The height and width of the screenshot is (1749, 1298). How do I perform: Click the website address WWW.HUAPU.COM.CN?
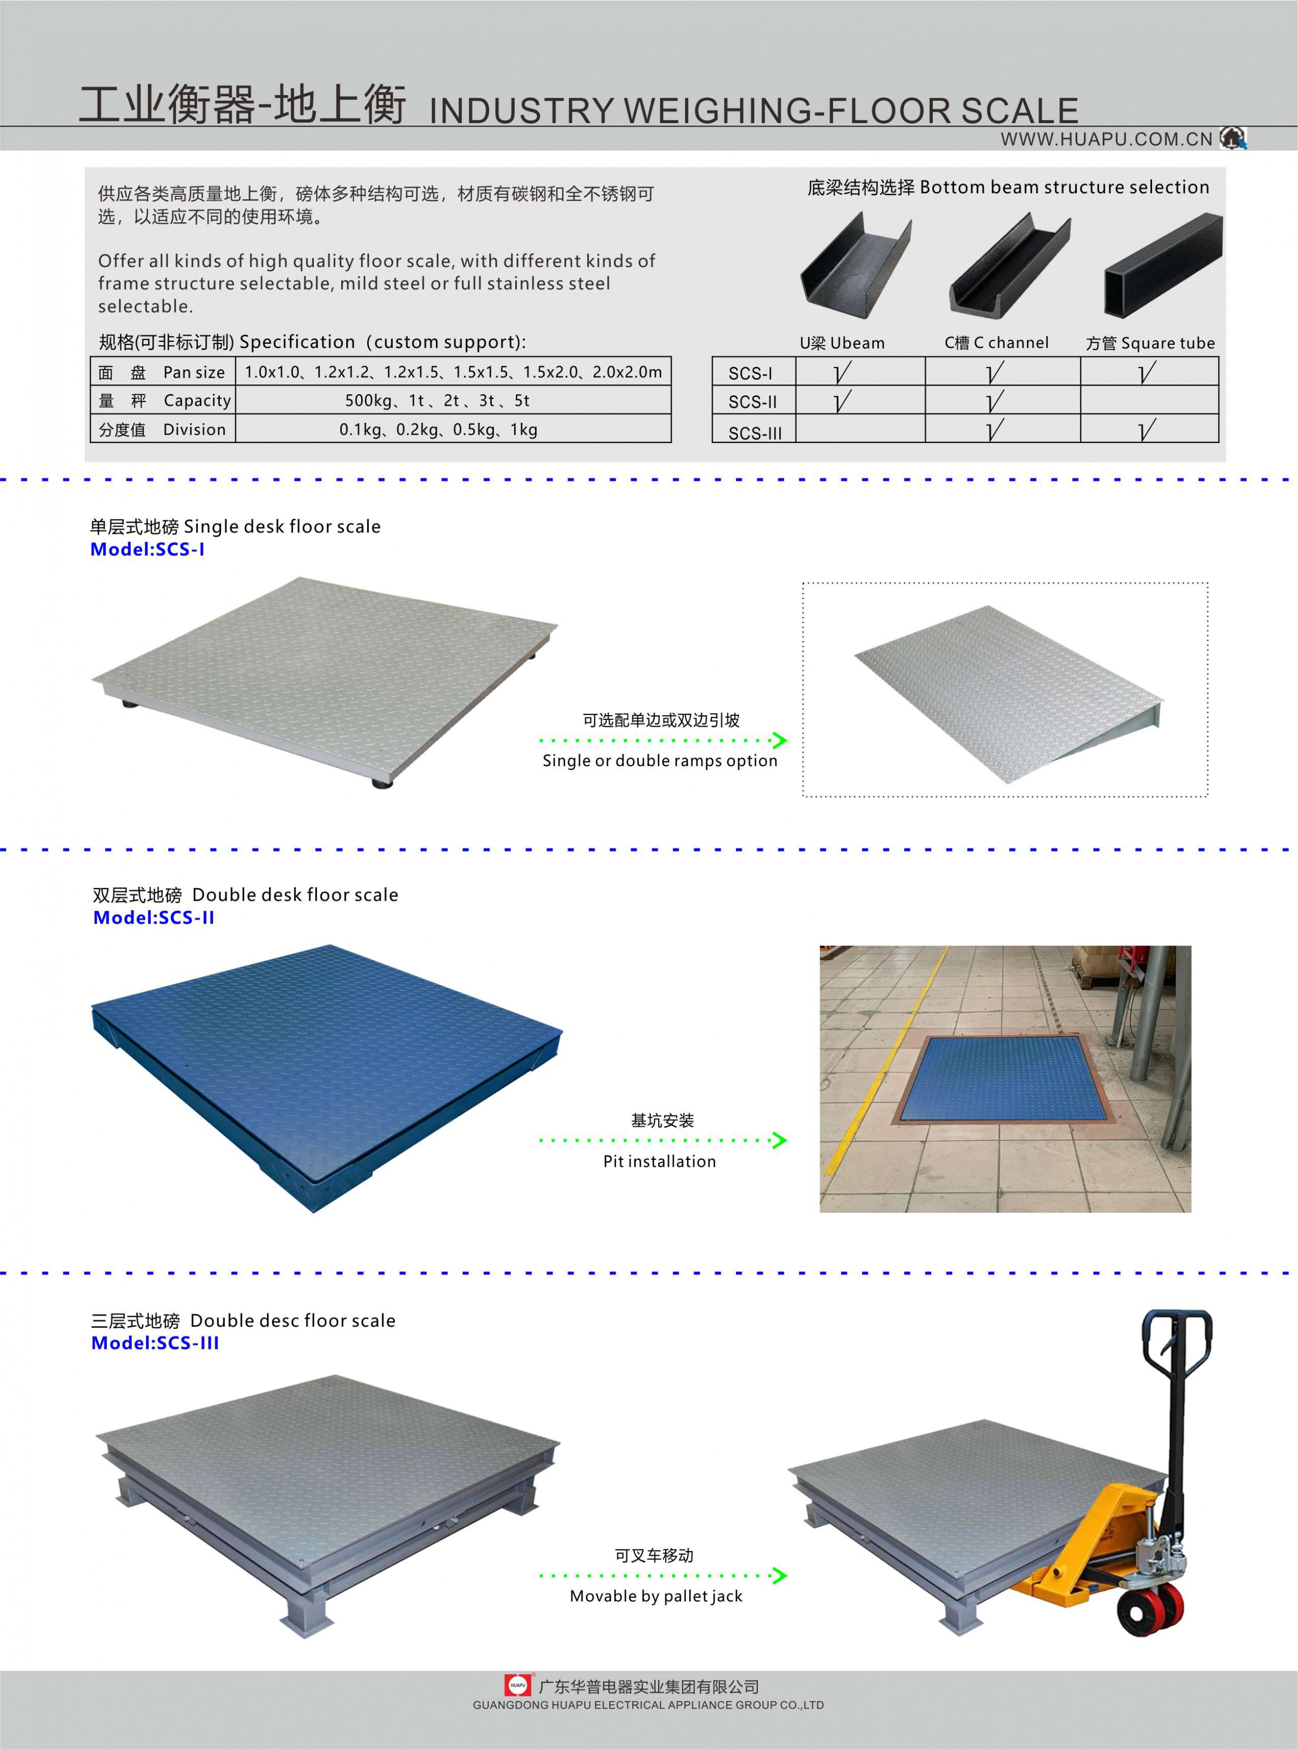pos(1106,139)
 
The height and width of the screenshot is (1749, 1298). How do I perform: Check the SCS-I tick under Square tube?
pos(1147,372)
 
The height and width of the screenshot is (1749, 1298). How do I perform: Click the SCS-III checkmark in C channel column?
pos(995,429)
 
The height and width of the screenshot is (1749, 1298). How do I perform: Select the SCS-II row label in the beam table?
pos(752,402)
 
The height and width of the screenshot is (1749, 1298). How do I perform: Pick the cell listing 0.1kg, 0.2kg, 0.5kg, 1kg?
pos(438,429)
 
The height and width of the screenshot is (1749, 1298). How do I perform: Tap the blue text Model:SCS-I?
pos(148,549)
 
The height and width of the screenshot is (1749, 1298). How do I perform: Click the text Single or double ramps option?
pos(659,760)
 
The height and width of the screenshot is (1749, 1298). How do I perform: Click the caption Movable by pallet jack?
pos(656,1596)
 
